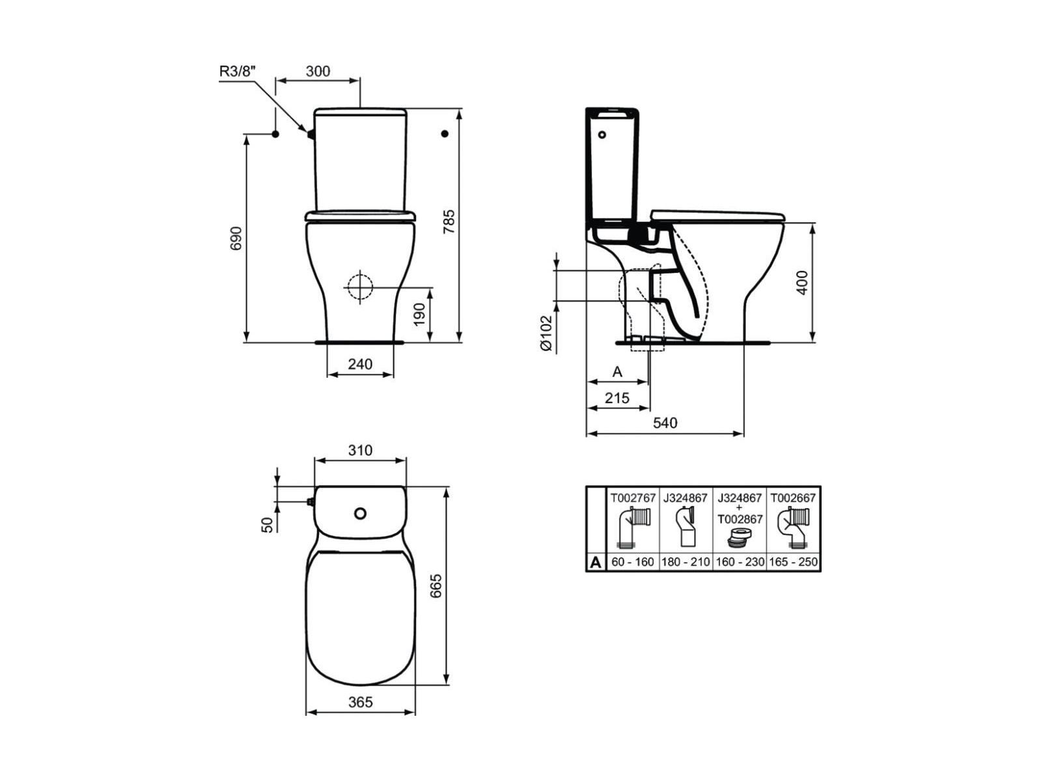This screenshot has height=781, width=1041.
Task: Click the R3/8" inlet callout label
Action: [x=238, y=71]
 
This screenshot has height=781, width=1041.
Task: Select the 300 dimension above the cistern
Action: [x=317, y=71]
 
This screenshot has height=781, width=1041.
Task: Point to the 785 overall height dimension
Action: [x=448, y=221]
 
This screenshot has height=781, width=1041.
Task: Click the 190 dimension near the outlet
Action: [x=419, y=315]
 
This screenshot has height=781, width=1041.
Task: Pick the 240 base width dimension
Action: [x=360, y=364]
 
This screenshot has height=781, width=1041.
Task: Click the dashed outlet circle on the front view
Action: [x=360, y=287]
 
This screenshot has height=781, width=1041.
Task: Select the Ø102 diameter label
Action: [x=546, y=334]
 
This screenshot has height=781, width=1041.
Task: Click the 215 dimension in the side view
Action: [x=617, y=397]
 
